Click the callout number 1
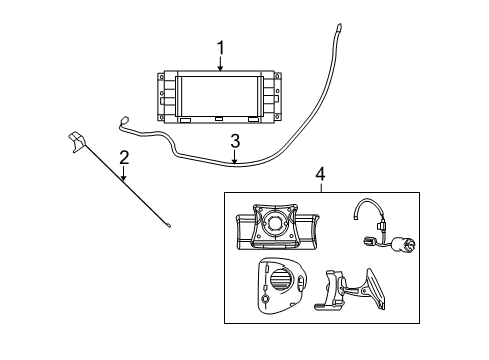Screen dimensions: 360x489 (221, 47)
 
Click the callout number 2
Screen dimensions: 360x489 (124, 156)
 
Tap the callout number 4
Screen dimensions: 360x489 (320, 174)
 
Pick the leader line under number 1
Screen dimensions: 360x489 (221, 63)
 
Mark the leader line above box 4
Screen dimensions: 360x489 (320, 187)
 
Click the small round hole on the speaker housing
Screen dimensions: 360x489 (265, 298)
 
